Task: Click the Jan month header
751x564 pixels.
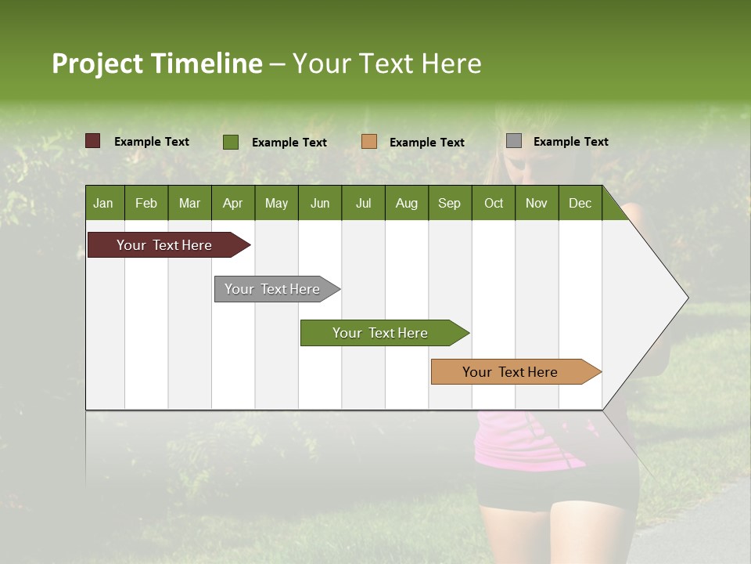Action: coord(103,203)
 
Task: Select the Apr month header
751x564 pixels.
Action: coord(232,203)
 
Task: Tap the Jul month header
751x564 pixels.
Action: coord(363,203)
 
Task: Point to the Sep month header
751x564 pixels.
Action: coord(449,203)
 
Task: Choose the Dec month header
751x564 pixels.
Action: coord(580,203)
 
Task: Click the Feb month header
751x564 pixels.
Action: coord(146,203)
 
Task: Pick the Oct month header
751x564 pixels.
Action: coord(494,203)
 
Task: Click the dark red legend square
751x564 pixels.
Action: coord(93,141)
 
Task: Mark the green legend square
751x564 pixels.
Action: coord(231,142)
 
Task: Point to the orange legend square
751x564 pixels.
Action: coord(369,142)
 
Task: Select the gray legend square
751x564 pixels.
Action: coord(514,141)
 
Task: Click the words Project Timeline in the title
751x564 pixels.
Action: coord(157,63)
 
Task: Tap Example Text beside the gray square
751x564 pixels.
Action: coord(570,142)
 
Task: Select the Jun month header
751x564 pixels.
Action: coord(320,203)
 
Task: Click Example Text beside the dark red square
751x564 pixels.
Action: coord(151,142)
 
